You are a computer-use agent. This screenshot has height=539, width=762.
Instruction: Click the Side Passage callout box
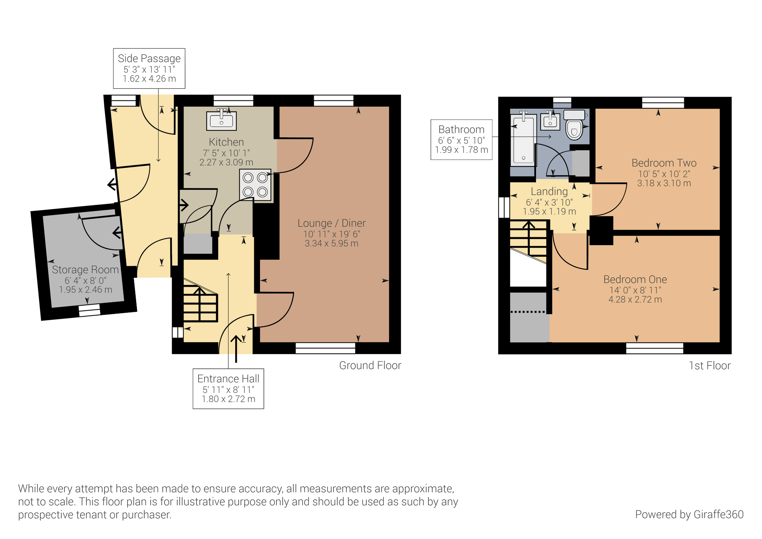click(x=149, y=68)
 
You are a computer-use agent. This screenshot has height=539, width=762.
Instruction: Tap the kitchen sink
click(x=221, y=120)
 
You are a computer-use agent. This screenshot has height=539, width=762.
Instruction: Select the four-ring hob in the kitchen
click(x=255, y=185)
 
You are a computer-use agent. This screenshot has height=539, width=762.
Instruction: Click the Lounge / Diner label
click(x=331, y=223)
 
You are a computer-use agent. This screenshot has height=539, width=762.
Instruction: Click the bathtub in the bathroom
click(x=523, y=140)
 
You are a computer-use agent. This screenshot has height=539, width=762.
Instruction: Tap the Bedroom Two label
click(x=664, y=163)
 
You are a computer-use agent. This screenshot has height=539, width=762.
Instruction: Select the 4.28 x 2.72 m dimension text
click(x=635, y=300)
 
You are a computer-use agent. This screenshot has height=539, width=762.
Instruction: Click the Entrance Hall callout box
click(x=228, y=388)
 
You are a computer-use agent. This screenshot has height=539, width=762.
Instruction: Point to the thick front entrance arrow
click(x=236, y=348)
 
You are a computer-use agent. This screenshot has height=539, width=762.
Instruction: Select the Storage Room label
click(x=85, y=269)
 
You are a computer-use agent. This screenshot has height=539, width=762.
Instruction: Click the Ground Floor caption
click(x=370, y=365)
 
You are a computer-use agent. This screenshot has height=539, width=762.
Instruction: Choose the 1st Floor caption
click(x=710, y=366)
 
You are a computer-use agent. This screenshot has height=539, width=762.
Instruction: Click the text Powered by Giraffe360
click(x=689, y=515)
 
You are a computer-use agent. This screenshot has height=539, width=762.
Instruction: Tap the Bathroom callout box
click(x=461, y=139)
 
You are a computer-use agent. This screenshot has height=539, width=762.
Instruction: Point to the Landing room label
click(x=549, y=191)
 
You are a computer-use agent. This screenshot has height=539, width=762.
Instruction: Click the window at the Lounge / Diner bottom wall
click(x=325, y=348)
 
